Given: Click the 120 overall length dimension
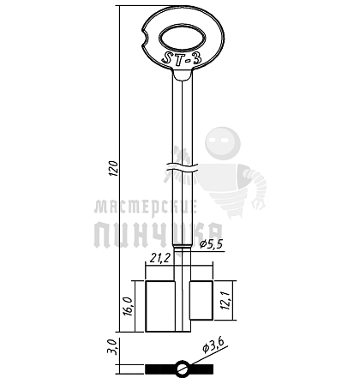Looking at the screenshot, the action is point(114,169).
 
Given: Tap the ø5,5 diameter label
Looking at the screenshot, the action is point(211,244).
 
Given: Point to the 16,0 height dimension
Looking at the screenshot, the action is point(127,306).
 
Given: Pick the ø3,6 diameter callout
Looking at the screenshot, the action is point(213,345).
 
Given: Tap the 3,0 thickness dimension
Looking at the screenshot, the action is point(112,347).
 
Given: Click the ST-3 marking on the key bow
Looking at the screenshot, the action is point(182,58).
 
